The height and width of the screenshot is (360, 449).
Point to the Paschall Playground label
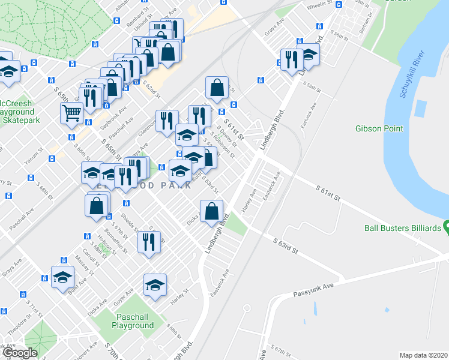click(x=132, y=321)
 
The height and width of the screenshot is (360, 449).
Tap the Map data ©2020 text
click(x=423, y=355)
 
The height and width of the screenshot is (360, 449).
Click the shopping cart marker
click(x=71, y=112)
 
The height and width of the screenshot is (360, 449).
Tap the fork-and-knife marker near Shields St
click(x=149, y=242)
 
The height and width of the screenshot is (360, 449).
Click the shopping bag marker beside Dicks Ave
click(x=211, y=211)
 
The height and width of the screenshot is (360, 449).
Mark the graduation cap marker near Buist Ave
click(x=62, y=277)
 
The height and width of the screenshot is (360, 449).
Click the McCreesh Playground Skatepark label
click(x=17, y=112)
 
